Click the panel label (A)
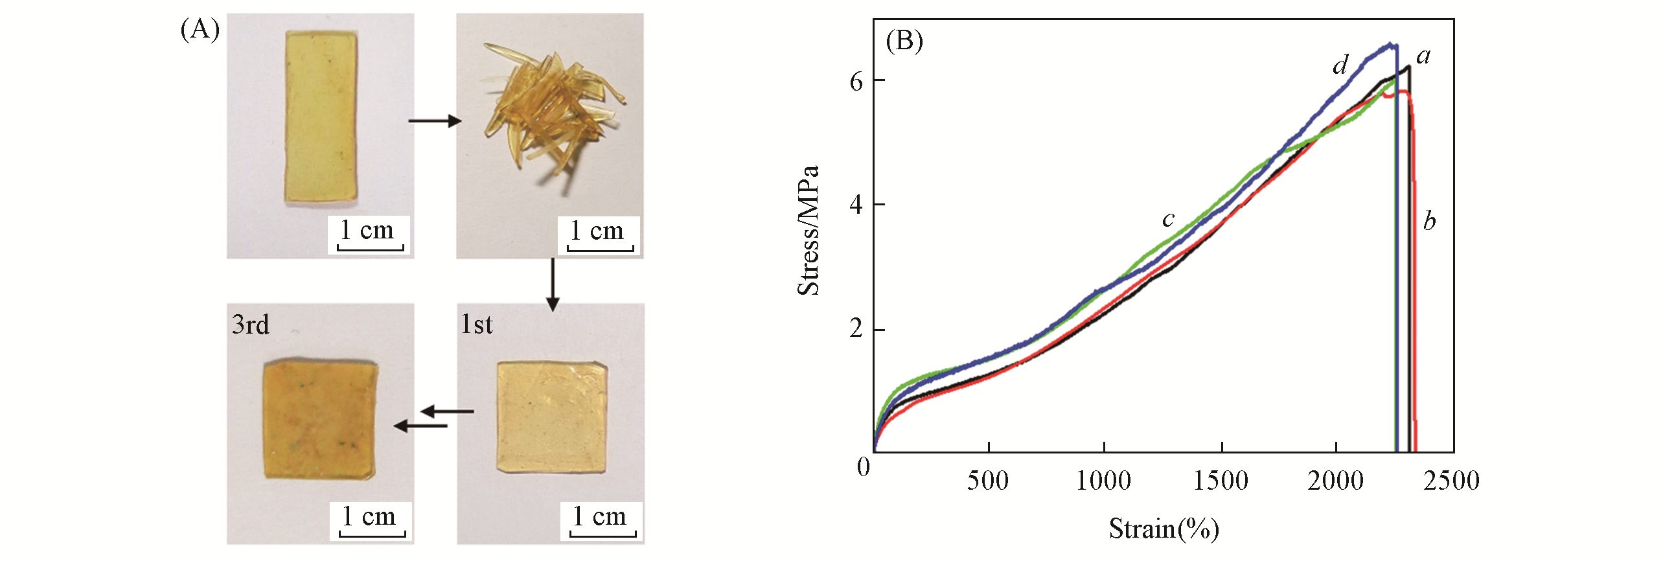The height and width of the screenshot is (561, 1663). point(200,30)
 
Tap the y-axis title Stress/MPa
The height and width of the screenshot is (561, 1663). point(809,231)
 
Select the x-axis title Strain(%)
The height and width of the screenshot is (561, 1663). point(1164,529)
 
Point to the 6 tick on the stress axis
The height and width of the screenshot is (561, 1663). point(856,82)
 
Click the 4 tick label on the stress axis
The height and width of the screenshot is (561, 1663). point(856,205)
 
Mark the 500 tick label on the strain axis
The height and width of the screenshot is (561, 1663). point(987,481)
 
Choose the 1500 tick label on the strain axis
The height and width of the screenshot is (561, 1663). point(1221,481)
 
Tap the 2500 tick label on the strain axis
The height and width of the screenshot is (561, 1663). point(1451,481)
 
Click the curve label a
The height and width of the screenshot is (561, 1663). point(1423,57)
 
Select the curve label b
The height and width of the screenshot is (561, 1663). point(1429,221)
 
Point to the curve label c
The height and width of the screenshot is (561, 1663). point(1167,220)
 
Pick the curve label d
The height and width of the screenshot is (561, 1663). point(1340,65)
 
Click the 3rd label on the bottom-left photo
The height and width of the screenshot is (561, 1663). point(250,325)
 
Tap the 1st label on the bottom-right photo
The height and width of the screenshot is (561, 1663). point(477,325)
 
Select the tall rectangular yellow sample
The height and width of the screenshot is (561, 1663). point(320,117)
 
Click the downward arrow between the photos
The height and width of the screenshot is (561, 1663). point(552,285)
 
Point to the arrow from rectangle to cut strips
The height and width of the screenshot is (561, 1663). point(434,120)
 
